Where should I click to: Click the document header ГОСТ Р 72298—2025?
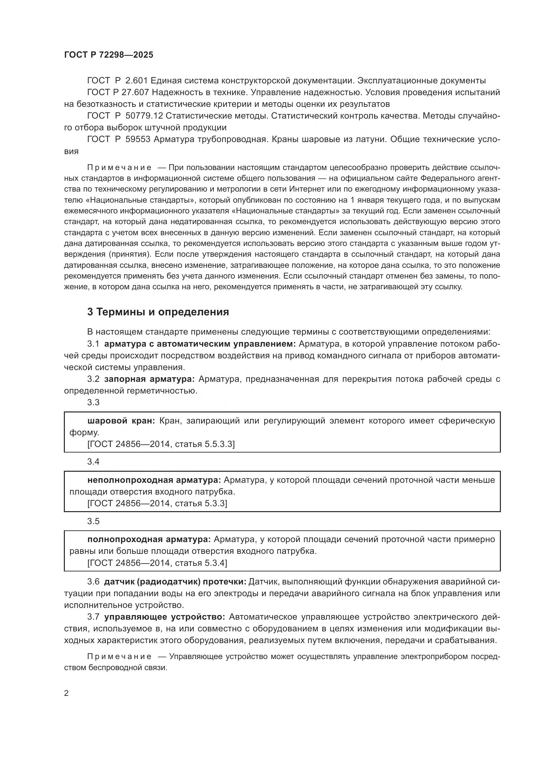109,55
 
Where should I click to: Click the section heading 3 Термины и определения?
158,312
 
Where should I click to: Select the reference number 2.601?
136,81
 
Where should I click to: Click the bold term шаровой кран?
121,421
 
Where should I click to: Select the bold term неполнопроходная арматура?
154,480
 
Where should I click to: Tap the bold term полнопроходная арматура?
149,539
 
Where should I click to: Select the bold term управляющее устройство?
165,617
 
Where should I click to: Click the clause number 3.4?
93,462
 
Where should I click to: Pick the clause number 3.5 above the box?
93,521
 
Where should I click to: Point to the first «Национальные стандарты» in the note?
140,200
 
